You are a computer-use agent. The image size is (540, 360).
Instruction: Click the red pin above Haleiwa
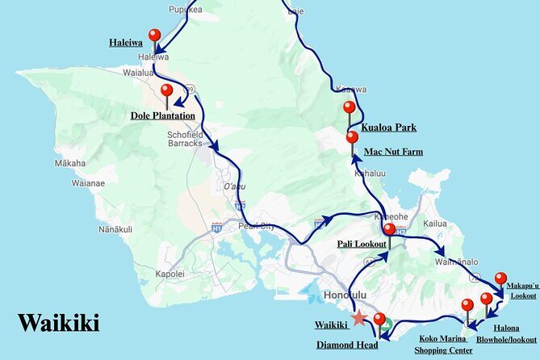[x=155, y=36]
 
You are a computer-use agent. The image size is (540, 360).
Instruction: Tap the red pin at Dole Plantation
[x=167, y=90]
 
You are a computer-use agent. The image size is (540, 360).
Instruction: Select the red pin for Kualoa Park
[x=349, y=107]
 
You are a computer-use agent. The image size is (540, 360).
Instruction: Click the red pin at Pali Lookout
[x=389, y=229]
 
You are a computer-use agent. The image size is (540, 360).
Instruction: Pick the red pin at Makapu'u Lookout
[x=500, y=278]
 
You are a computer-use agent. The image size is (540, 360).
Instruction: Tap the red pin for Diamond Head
[x=379, y=320]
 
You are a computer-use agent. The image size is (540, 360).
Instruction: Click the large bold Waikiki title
[x=59, y=323]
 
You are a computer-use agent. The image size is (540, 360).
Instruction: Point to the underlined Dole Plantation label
[x=163, y=115]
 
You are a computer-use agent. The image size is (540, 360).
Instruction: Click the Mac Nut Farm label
[x=393, y=151]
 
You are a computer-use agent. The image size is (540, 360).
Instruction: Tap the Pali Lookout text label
[x=361, y=242]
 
